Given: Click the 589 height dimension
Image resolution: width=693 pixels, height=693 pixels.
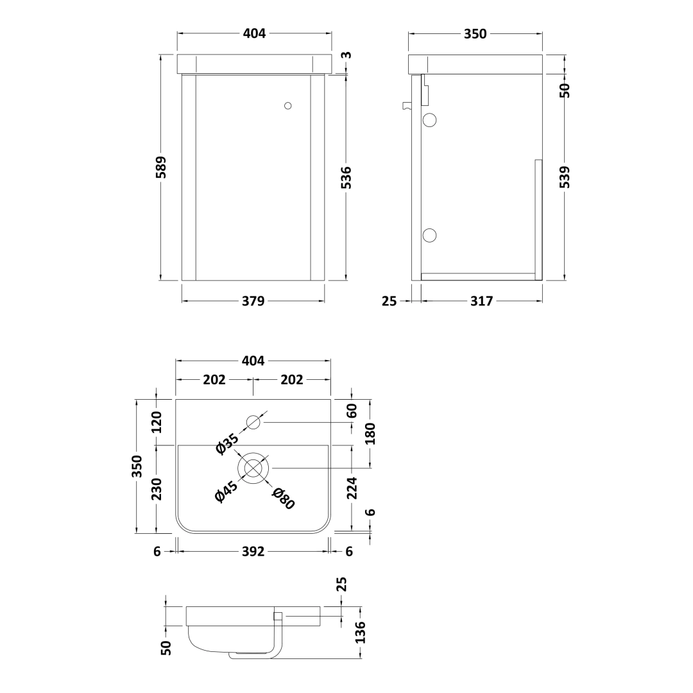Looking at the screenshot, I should (160, 167).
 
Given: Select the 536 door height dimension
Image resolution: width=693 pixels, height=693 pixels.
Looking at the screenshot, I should (346, 178).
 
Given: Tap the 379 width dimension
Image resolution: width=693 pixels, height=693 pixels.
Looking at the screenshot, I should (253, 301).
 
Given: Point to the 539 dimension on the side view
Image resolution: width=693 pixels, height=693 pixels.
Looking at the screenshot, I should (565, 177).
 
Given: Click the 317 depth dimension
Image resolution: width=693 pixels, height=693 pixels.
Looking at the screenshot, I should (481, 301).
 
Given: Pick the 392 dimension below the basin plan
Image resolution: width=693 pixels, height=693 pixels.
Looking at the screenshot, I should (253, 551).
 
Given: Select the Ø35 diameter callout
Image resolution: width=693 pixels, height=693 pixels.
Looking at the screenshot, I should (227, 443).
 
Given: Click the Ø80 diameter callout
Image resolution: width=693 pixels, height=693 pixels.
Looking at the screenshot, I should (283, 499).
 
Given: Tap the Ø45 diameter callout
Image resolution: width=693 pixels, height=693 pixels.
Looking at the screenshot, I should (226, 493).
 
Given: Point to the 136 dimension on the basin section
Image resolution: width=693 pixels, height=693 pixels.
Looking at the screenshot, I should (360, 631).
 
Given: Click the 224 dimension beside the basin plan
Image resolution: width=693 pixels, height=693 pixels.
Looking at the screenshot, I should (351, 488).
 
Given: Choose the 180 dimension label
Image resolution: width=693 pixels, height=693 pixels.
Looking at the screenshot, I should (370, 434).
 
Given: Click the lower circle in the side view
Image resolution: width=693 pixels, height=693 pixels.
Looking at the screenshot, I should (430, 235).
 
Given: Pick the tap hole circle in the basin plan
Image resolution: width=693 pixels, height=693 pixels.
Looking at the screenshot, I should (253, 422).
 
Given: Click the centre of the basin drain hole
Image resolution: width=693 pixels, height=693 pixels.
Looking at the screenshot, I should (253, 468).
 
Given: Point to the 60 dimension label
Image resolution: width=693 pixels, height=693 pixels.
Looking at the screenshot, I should (351, 411).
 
